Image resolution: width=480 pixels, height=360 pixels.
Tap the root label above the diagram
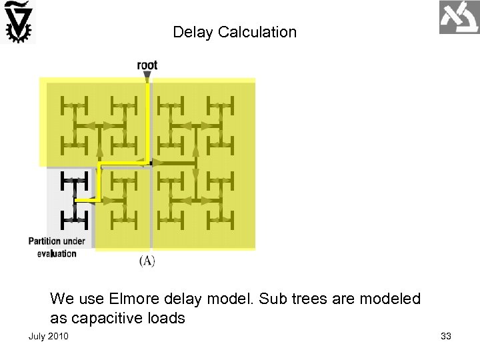click(x=147, y=65)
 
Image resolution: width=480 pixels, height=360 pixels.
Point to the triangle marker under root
click(x=147, y=76)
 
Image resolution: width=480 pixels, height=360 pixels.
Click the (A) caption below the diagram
click(x=147, y=261)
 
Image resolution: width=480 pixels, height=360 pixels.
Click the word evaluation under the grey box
click(x=57, y=253)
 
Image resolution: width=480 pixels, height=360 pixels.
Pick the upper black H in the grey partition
click(x=74, y=180)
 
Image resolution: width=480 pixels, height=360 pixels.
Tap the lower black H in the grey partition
click(x=74, y=219)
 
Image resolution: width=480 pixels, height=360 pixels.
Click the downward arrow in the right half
click(x=196, y=174)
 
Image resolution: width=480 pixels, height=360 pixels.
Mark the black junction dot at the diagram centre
click(x=151, y=162)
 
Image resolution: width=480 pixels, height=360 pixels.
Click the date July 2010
click(x=48, y=336)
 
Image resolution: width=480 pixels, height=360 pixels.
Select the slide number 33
click(x=446, y=336)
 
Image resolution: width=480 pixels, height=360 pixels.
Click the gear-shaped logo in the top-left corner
click(x=18, y=22)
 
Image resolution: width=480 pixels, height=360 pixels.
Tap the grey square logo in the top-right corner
click(x=459, y=17)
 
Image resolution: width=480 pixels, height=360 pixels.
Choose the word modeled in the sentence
click(x=390, y=299)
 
